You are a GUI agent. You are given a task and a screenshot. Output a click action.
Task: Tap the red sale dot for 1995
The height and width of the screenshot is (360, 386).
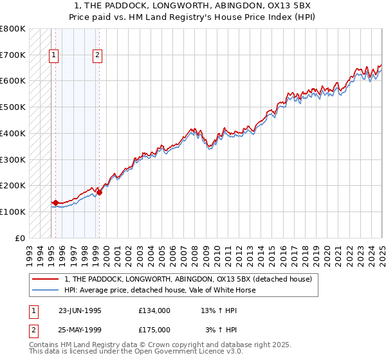click(55, 203)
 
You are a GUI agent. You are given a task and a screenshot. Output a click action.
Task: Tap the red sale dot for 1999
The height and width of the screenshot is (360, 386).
click(99, 192)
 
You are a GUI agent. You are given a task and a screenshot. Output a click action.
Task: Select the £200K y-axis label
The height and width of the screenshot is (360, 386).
click(14, 186)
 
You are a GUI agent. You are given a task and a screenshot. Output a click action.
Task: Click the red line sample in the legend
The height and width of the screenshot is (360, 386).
click(46, 279)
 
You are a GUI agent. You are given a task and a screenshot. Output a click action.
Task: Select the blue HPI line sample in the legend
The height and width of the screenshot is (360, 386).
click(46, 290)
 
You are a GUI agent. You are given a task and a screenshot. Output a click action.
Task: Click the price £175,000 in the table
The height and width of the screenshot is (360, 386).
click(154, 330)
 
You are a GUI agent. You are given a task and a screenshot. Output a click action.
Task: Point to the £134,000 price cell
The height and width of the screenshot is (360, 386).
click(154, 310)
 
